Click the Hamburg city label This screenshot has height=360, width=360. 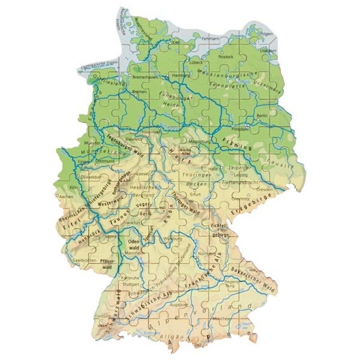coord(179,75)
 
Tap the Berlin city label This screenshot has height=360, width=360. coord(262,116)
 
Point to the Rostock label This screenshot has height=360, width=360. coord(226,57)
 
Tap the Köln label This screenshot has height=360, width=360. coord(73,188)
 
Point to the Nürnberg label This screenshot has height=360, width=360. coord(204,254)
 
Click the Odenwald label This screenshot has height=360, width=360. coord(133,244)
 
